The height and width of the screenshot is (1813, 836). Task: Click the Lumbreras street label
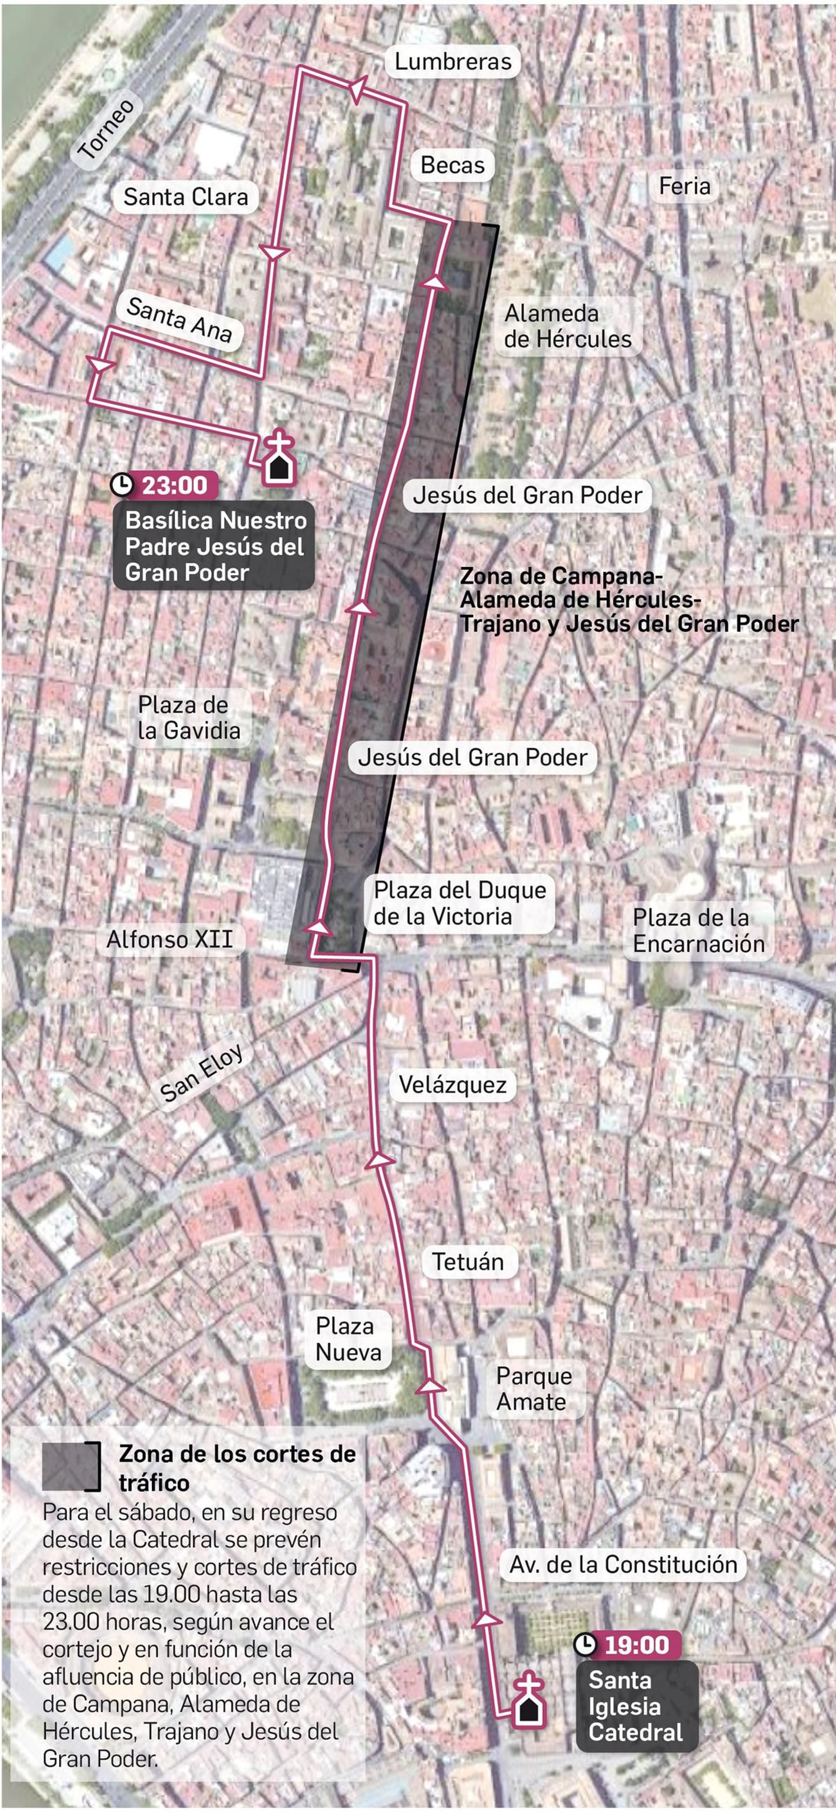pyautogui.click(x=452, y=62)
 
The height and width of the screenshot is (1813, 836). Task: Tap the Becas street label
pyautogui.click(x=452, y=166)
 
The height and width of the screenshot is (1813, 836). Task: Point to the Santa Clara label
pyautogui.click(x=186, y=197)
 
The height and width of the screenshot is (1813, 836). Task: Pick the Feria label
pyautogui.click(x=684, y=187)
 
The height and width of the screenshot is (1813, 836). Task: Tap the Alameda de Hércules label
pyautogui.click(x=567, y=327)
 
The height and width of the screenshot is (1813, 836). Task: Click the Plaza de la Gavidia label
pyautogui.click(x=189, y=718)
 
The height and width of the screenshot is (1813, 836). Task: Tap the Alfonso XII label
pyautogui.click(x=170, y=939)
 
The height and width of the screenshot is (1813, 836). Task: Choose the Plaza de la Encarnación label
pyautogui.click(x=698, y=931)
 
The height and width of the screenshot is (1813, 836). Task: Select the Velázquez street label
pyautogui.click(x=452, y=1085)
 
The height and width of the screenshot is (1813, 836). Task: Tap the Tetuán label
pyautogui.click(x=468, y=1262)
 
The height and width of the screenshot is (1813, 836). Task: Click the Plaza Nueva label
pyautogui.click(x=347, y=1339)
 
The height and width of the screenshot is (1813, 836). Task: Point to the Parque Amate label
pyautogui.click(x=533, y=1389)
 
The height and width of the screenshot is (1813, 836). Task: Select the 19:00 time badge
pyautogui.click(x=627, y=1645)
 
